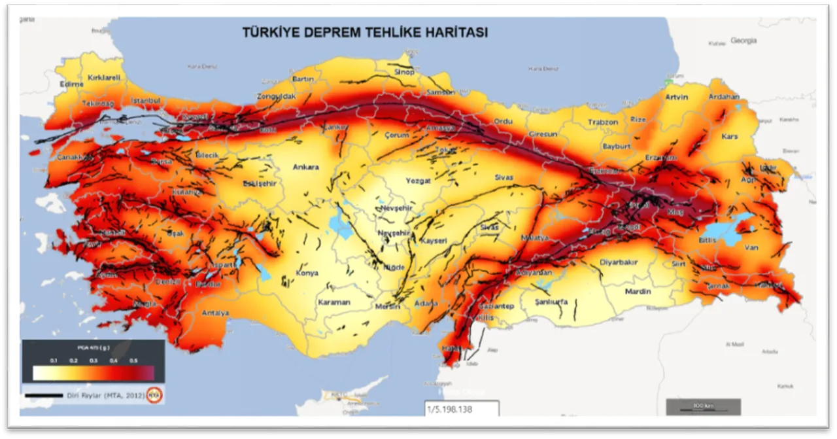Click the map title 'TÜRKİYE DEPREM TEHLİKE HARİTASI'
(x=364, y=33)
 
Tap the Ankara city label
(x=305, y=167)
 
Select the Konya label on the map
(x=307, y=273)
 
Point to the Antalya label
(x=215, y=313)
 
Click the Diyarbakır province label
(x=618, y=262)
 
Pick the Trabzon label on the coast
(x=602, y=122)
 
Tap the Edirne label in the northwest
(x=71, y=84)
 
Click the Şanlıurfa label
(x=551, y=302)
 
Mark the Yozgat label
(x=418, y=181)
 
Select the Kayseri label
(x=433, y=241)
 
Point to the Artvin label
(x=676, y=97)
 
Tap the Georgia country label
(x=743, y=41)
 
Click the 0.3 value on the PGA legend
(x=94, y=360)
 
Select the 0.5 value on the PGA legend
(x=133, y=360)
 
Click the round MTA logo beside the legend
(x=154, y=395)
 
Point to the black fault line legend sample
(x=43, y=395)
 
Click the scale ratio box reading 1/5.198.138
(x=461, y=409)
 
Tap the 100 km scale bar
(x=703, y=407)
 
